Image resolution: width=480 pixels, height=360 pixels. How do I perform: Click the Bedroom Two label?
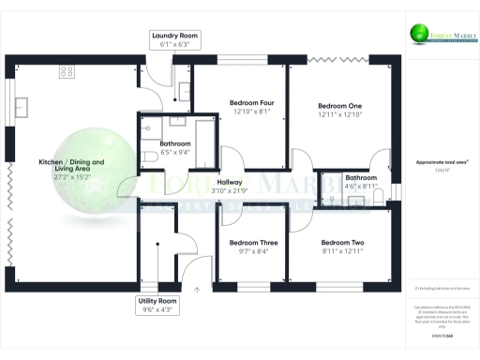coord(342,242)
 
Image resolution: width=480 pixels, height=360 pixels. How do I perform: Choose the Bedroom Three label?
coord(248,242)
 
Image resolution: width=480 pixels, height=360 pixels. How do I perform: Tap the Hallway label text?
coord(230,182)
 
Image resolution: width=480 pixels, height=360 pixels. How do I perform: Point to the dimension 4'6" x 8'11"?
coord(361,186)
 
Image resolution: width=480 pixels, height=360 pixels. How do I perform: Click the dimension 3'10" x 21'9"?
coord(230,191)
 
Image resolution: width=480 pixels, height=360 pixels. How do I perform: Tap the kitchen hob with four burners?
coord(67,70)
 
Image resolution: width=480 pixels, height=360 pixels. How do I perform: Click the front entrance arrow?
coord(198,291)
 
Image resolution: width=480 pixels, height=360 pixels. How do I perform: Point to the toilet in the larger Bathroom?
coord(152,157)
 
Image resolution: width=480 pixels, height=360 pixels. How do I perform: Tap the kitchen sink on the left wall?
coord(19,104)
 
